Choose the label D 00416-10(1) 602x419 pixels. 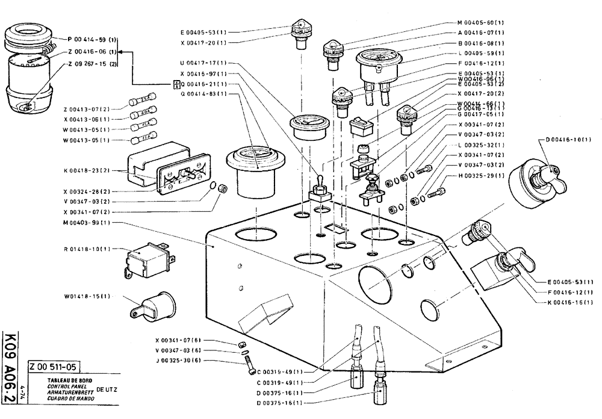[x=568, y=140]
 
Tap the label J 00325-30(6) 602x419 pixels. [x=178, y=360]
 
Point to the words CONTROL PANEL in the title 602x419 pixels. [x=64, y=386]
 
